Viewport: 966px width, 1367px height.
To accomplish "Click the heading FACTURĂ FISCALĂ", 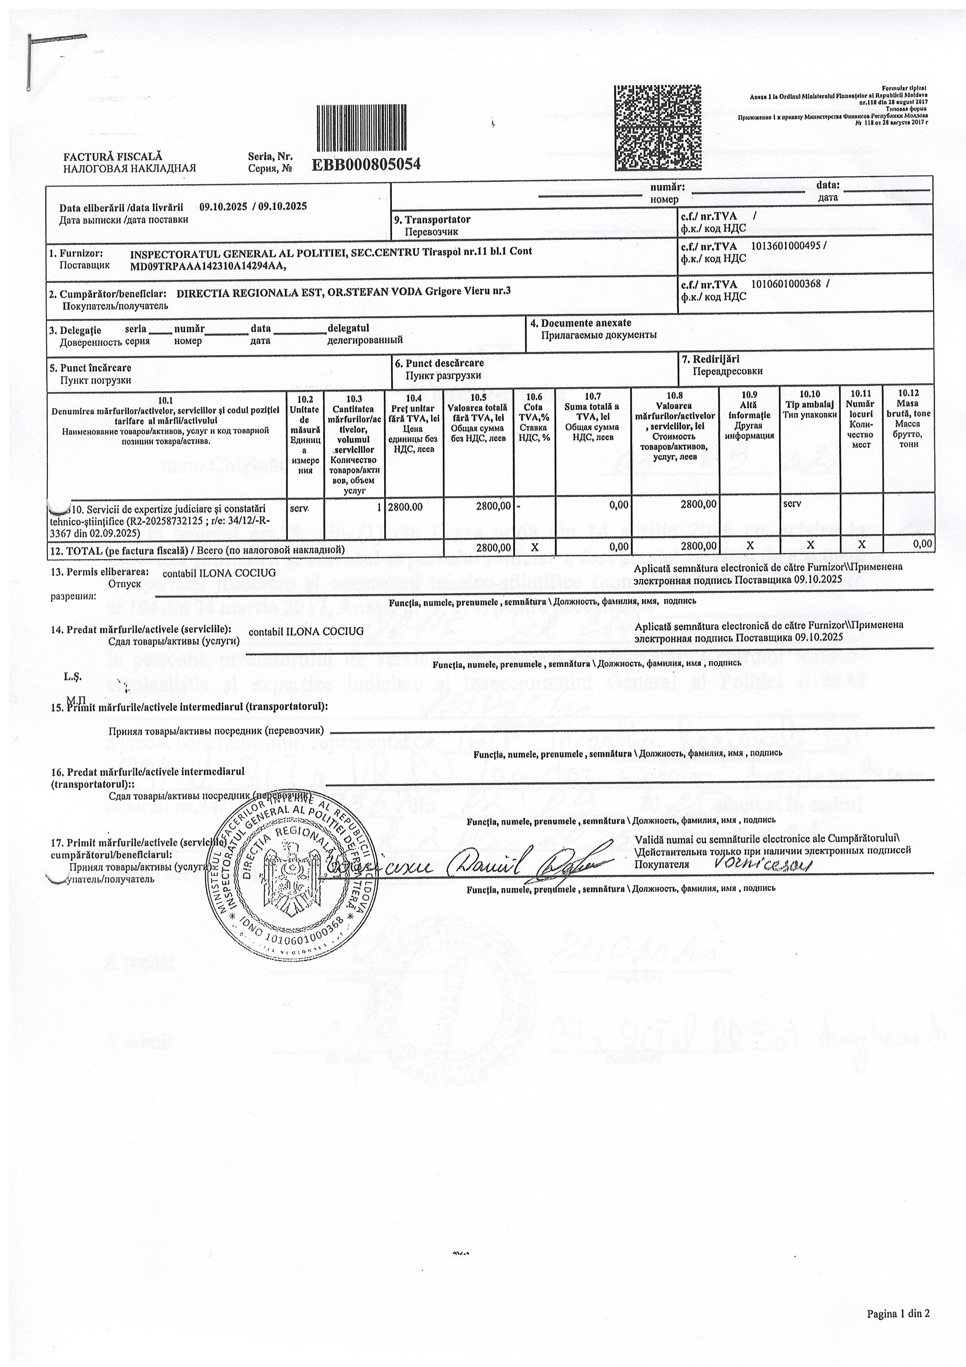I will [x=113, y=157].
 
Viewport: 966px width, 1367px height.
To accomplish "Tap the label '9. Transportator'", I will [x=437, y=220].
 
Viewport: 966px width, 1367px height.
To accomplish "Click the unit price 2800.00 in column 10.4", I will [x=405, y=507].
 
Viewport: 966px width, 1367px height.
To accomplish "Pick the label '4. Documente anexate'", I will [x=580, y=323].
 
